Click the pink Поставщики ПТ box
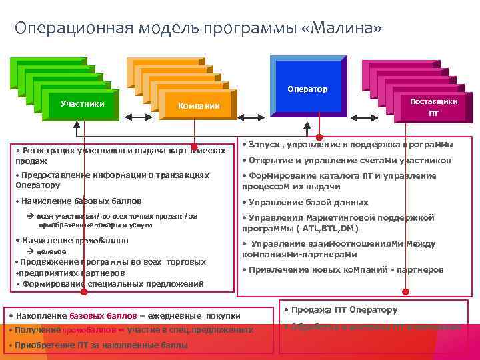pos(433,107)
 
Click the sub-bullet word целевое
pos(51,251)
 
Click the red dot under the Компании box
pos(195,146)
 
